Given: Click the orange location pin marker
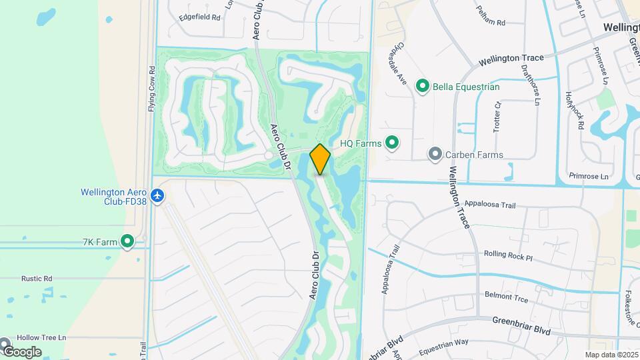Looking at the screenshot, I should (320, 159).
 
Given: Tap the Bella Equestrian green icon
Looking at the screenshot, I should (422, 86).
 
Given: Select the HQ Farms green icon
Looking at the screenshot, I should (393, 143).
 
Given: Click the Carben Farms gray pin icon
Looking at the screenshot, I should (435, 155).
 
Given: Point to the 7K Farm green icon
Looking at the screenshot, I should (127, 241).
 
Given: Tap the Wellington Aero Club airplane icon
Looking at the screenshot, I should (157, 196).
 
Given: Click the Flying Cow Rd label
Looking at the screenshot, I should (152, 89).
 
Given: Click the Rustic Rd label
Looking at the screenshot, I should (37, 279).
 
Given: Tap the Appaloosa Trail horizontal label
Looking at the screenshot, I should (490, 204).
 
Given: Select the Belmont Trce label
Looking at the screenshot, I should (506, 297).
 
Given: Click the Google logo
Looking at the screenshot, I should (21, 351).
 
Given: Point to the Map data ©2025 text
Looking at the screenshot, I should (611, 355).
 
